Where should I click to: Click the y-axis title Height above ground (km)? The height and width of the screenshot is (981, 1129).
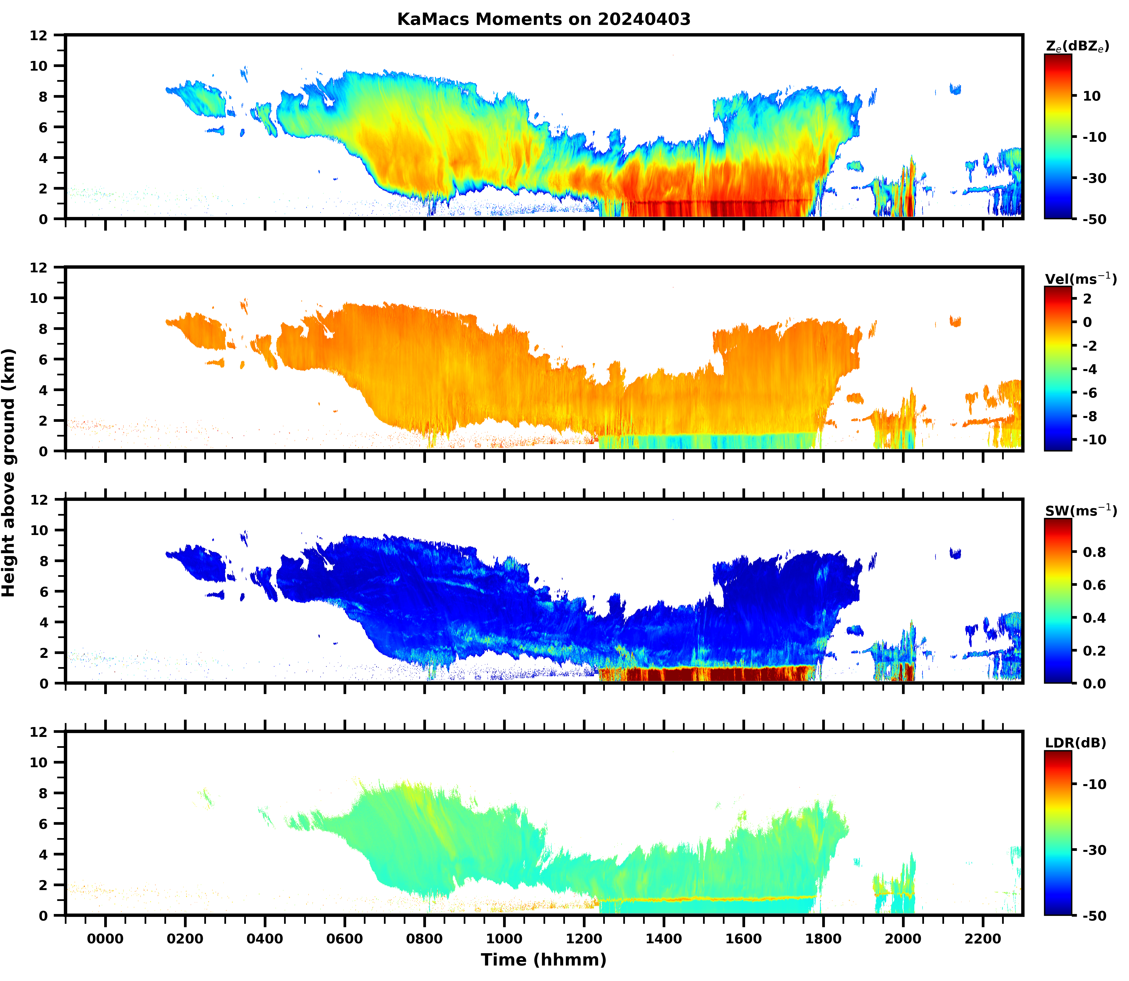(x=9, y=473)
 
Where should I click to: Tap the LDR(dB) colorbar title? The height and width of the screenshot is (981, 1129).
(x=1075, y=743)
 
